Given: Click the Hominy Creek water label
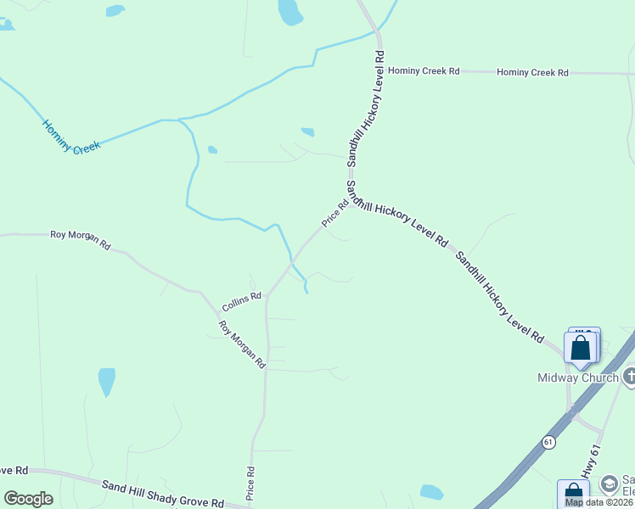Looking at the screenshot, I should pos(71,137).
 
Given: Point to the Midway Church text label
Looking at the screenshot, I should pos(578,378).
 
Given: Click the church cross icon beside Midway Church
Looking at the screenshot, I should pos(629,376).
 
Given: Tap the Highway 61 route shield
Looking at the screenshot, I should pos(549,442).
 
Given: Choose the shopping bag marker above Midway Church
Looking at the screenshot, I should pos(582,348).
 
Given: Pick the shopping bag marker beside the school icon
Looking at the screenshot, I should pos(573,495).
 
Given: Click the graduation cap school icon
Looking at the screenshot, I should pos(609,484).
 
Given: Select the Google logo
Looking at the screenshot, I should pos(28,499).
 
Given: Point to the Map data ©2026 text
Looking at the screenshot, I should pos(599,502).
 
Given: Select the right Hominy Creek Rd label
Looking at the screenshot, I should pos(532,73).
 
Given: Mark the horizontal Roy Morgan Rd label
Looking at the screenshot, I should pos(81,238).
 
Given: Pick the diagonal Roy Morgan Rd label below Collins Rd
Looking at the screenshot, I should pos(242,344).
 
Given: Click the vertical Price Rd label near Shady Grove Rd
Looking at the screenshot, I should pos(251,481).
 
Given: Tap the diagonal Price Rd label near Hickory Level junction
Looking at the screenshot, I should pos(335,212).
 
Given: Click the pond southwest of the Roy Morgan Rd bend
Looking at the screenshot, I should pos(106,382).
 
